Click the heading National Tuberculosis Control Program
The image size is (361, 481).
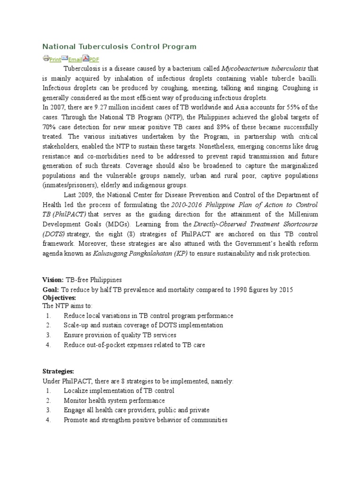pyautogui.click(x=119, y=47)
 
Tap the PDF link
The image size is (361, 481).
pyautogui.click(x=94, y=59)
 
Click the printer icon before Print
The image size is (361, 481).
pyautogui.click(x=46, y=58)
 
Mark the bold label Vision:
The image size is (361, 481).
pyautogui.click(x=53, y=280)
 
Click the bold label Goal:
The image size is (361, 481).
pyautogui.click(x=51, y=290)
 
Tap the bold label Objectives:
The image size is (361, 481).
pyautogui.click(x=59, y=298)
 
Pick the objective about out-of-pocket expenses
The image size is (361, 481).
pyautogui.click(x=134, y=345)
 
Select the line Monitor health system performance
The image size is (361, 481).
pyautogui.click(x=114, y=401)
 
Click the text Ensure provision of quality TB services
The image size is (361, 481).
pyautogui.click(x=120, y=335)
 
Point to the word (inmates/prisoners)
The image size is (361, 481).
pyautogui.click(x=71, y=185)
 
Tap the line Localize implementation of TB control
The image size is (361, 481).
pyautogui.click(x=119, y=391)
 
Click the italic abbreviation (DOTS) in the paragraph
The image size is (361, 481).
pyautogui.click(x=54, y=234)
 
